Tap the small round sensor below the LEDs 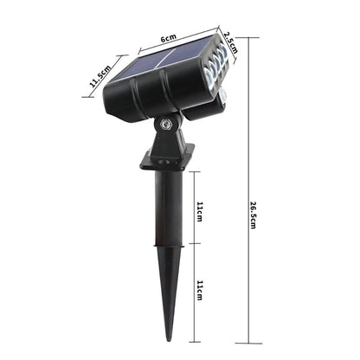point(224,93)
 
